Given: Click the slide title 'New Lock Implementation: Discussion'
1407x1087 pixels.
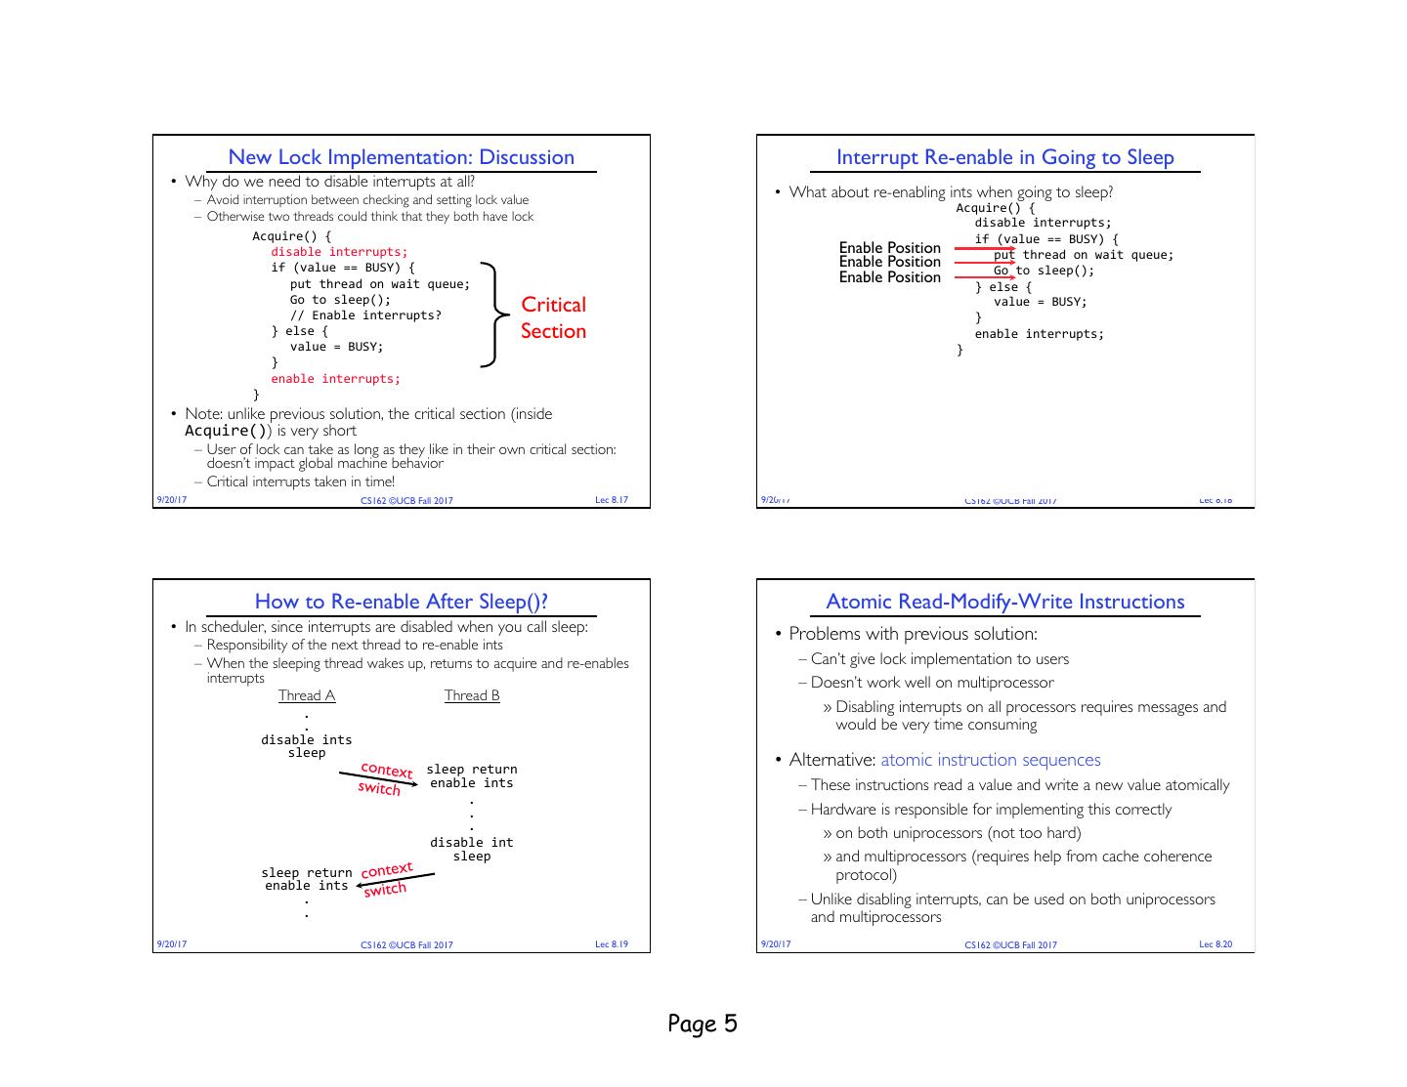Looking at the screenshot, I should click(401, 157).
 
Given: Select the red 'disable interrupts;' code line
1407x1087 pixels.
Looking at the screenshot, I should click(339, 252).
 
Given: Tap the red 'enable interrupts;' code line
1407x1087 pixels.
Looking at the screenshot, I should click(335, 379).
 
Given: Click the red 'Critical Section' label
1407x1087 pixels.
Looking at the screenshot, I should click(553, 317).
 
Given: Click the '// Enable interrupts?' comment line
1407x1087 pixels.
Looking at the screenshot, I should click(365, 315).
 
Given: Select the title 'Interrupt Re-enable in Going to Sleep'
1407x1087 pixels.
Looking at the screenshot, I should click(1004, 157).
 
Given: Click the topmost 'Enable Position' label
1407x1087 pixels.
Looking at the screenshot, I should click(889, 248).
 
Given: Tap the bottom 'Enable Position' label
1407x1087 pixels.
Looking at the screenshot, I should click(889, 277).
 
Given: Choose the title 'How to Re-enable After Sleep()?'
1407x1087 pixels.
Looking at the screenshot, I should click(401, 602).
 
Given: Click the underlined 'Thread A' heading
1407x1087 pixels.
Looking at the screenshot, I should click(307, 695).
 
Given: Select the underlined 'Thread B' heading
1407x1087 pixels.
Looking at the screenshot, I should click(472, 695).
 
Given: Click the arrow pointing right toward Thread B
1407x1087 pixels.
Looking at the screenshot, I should click(378, 778).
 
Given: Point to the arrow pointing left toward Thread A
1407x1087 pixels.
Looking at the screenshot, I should click(395, 879).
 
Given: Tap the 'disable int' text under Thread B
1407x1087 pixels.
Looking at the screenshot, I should click(471, 842).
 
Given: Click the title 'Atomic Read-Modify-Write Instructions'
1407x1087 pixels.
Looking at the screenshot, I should click(1004, 602).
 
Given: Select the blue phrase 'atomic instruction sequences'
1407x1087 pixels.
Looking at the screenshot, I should click(990, 760).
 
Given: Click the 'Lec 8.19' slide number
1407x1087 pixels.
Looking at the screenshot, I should click(612, 944).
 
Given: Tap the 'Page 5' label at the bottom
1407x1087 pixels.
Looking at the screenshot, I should click(703, 1024).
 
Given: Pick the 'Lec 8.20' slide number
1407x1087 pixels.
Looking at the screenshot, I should click(1215, 944).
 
